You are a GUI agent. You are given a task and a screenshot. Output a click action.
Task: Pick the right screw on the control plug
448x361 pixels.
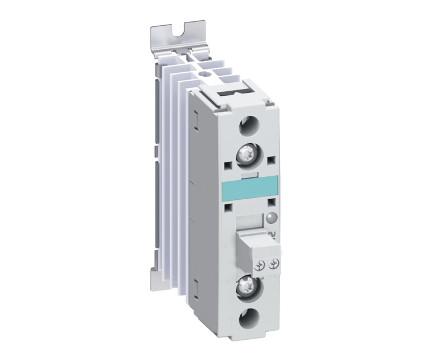point(274,264)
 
